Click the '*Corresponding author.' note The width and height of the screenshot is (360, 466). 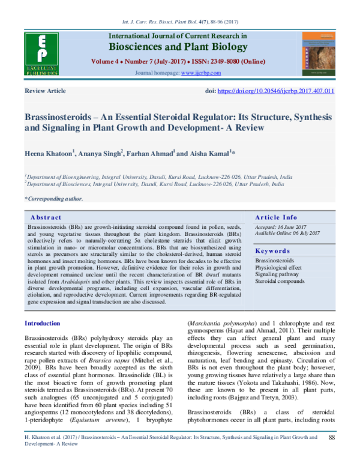[x=51, y=198]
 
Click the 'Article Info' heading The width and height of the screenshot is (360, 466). [x=275, y=217]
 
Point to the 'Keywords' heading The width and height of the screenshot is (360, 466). [x=273, y=251]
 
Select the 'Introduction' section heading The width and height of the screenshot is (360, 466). [x=43, y=324]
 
